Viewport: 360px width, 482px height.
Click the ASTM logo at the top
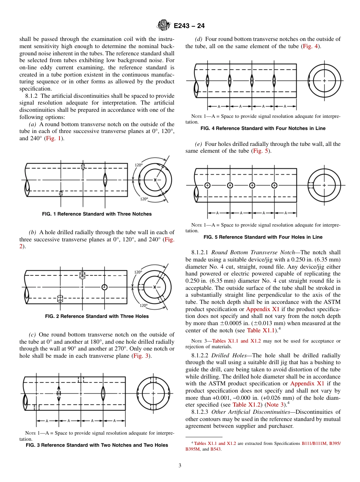164,25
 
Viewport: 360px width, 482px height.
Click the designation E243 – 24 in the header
189,26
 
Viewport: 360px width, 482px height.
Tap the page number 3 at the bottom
180,465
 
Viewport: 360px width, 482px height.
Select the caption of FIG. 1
97,214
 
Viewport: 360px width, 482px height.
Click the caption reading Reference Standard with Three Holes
97,316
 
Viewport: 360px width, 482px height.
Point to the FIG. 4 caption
263,128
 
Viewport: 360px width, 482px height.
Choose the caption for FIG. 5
263,237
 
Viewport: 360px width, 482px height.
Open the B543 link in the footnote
215,449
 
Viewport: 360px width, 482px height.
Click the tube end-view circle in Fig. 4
324,80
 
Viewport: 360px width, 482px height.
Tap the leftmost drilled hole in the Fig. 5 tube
207,185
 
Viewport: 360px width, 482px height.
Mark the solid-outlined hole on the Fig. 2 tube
105,287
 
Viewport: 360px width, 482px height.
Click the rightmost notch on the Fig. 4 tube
274,80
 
